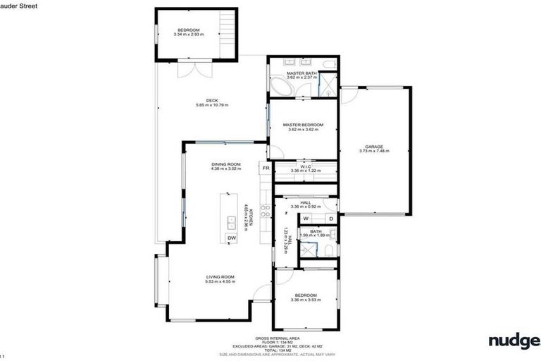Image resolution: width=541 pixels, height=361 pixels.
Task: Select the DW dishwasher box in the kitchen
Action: coord(231,238)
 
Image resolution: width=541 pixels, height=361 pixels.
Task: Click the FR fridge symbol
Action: coord(266,169)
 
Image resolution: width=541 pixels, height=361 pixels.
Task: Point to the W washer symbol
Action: coord(306,219)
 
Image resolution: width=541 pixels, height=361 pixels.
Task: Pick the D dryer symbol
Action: coord(330,219)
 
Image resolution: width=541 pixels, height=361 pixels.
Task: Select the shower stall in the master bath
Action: coord(328,87)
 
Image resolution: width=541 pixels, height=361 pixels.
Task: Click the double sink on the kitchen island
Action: coord(231,223)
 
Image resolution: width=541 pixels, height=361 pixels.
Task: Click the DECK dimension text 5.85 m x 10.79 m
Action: coord(212,105)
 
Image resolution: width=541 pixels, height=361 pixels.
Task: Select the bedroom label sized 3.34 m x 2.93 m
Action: coord(189,31)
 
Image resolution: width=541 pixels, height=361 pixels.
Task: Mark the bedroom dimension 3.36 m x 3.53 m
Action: coord(305,300)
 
